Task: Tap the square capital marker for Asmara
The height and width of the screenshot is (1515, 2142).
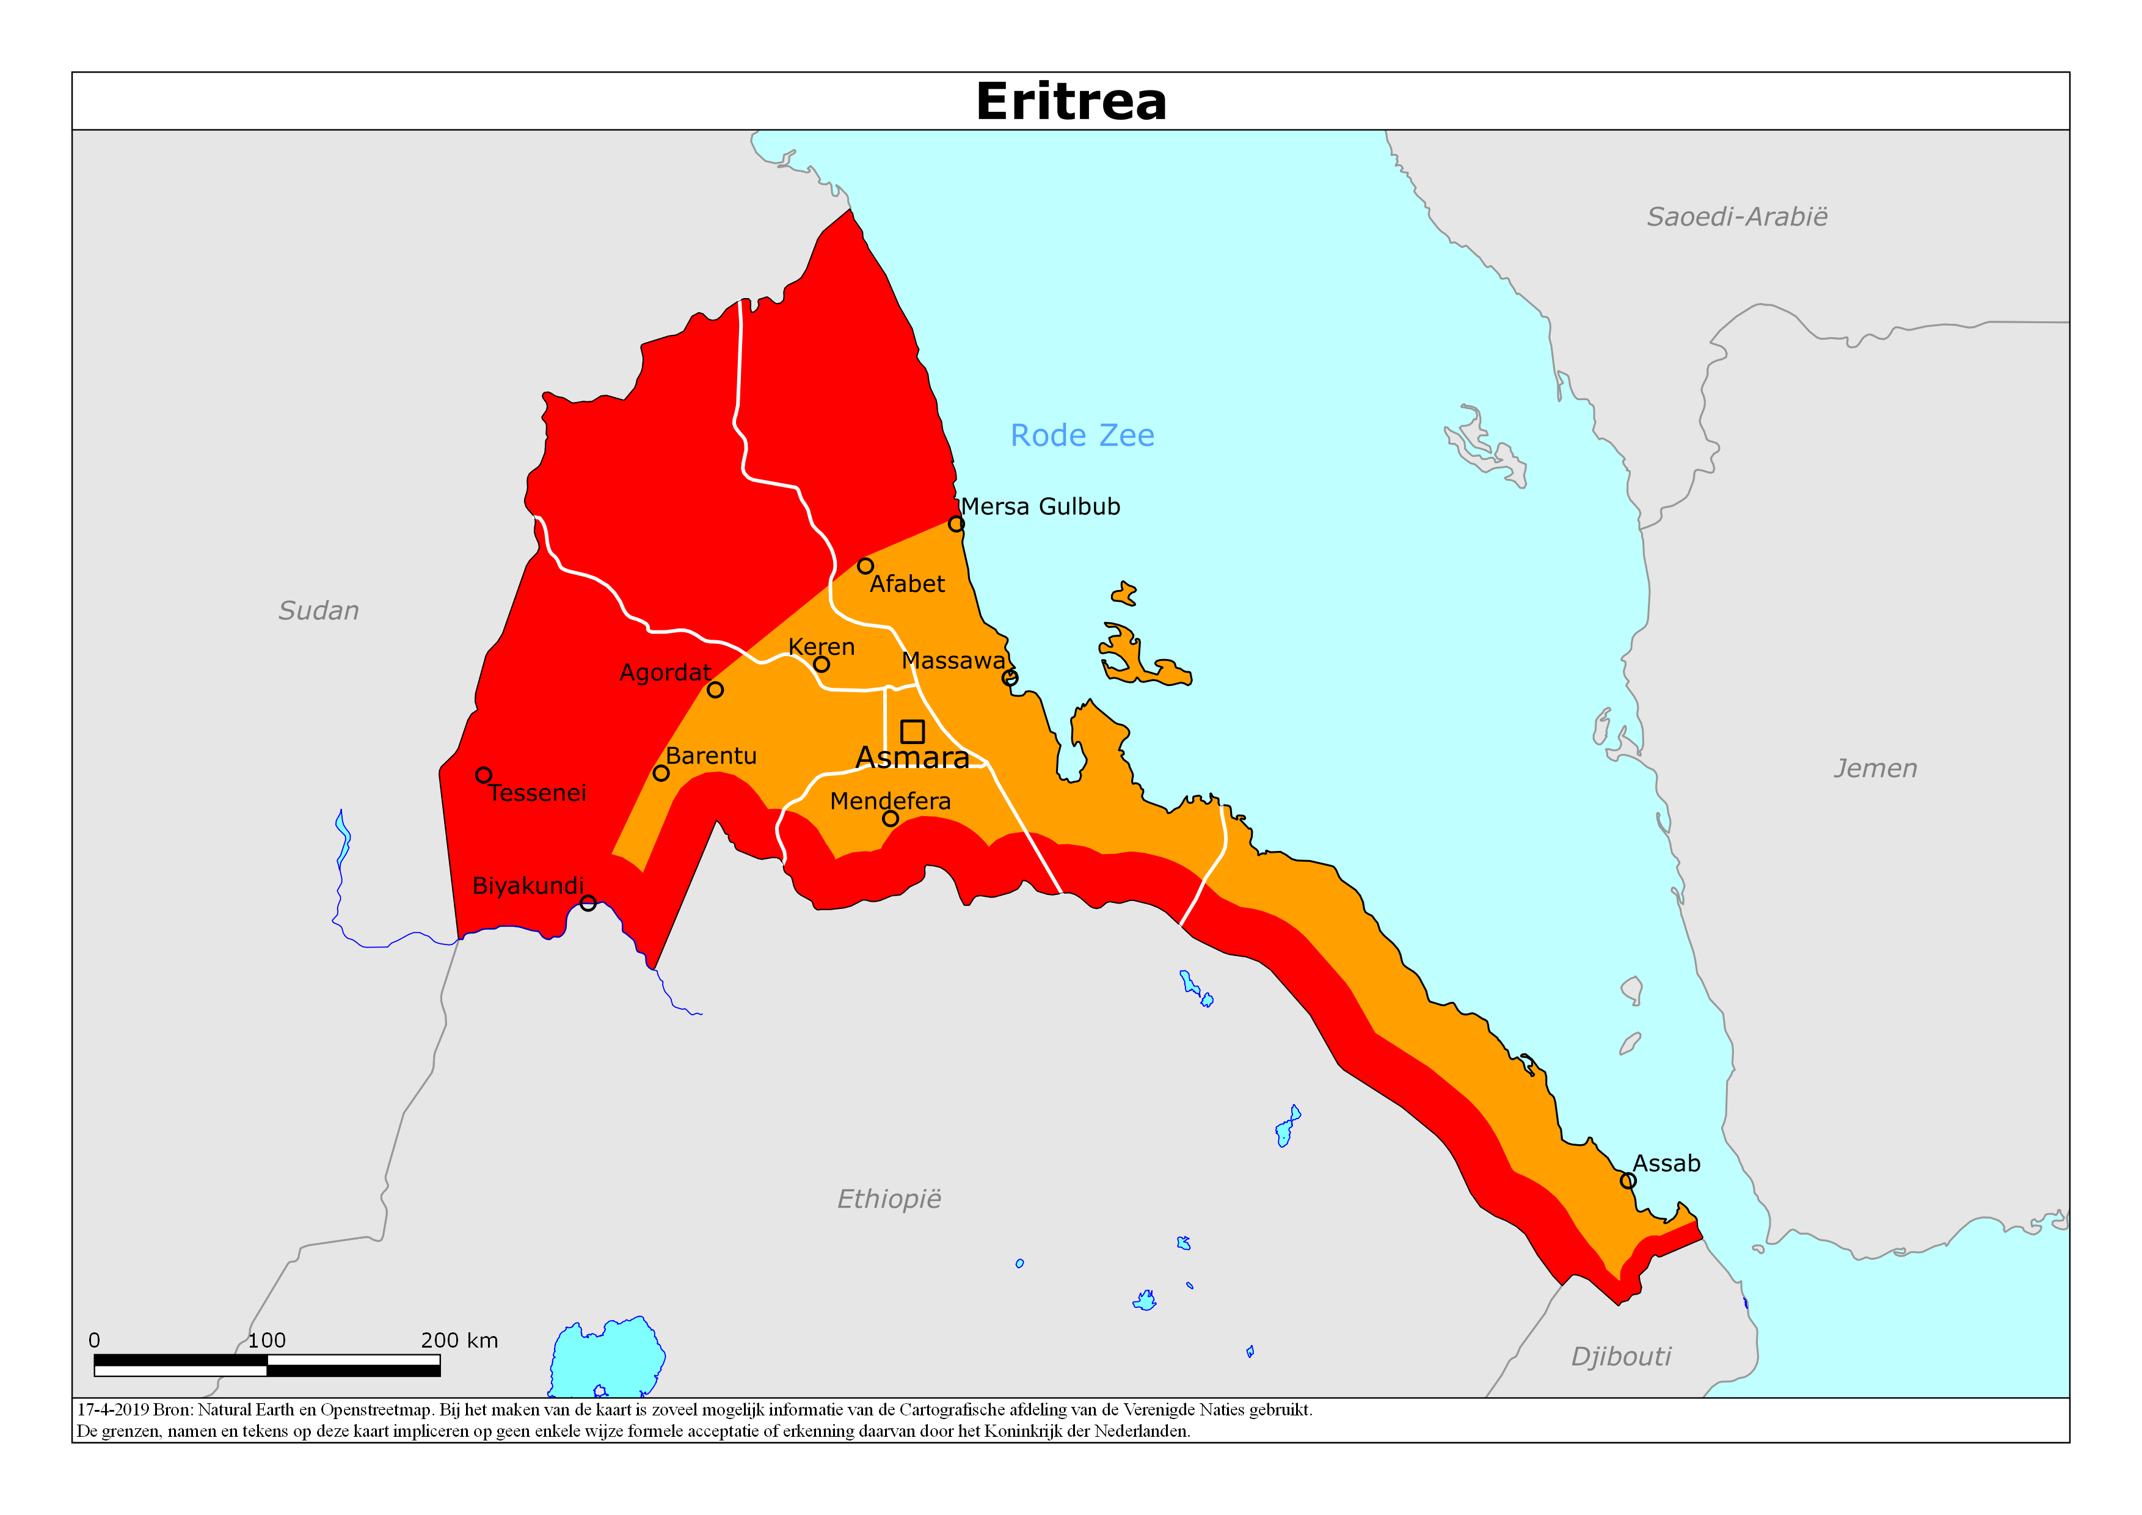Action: click(x=913, y=731)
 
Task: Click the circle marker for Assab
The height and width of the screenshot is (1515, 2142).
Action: click(x=1628, y=1180)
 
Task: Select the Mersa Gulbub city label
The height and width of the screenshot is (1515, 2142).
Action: click(x=1040, y=506)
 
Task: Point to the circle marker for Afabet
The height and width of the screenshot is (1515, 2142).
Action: click(x=865, y=566)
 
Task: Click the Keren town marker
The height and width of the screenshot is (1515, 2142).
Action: click(x=821, y=664)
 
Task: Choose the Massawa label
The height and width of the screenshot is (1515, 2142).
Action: click(x=953, y=660)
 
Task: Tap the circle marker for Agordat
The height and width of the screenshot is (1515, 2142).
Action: click(x=715, y=690)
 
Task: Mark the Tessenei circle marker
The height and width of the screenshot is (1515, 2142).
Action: click(x=483, y=775)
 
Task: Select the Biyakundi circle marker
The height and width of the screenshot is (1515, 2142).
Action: click(x=588, y=903)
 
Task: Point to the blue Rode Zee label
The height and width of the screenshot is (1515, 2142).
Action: click(x=1082, y=436)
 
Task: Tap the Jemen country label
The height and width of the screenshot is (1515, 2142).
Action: click(x=1875, y=768)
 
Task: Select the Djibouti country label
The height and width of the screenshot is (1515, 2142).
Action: click(x=1620, y=1356)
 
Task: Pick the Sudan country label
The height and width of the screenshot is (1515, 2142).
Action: click(x=318, y=611)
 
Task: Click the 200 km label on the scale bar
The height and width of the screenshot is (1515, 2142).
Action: click(x=459, y=1340)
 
